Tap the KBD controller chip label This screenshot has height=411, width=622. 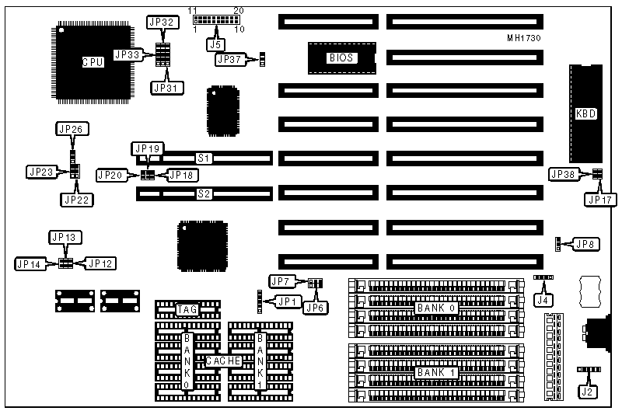click(585, 113)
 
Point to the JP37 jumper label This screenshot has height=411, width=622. click(231, 59)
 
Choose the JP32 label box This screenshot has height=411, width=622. click(162, 22)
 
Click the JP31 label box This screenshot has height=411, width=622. click(166, 88)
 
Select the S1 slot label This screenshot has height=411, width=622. click(204, 158)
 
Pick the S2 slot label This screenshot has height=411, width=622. click(204, 193)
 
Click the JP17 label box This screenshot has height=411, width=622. click(599, 200)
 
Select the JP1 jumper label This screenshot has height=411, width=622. click(288, 301)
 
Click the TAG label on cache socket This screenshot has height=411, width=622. click(187, 310)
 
